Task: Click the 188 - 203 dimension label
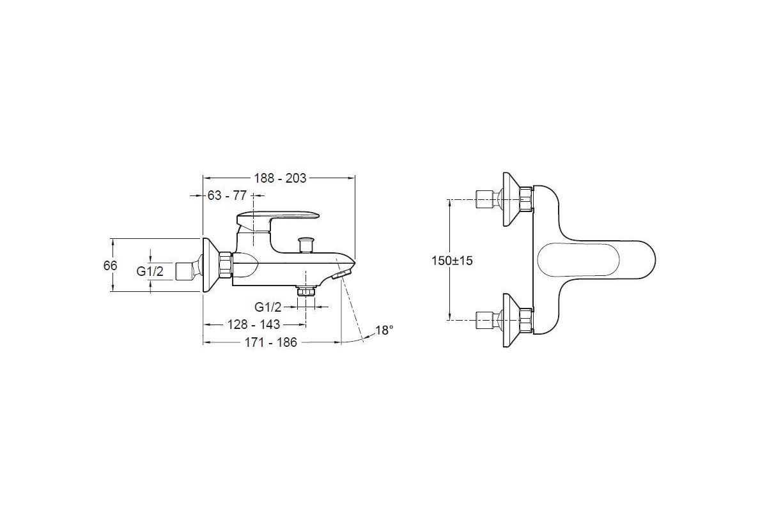pos(280,178)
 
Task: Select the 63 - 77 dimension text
pos(227,195)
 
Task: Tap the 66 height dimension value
pos(110,265)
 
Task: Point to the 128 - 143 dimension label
pos(254,324)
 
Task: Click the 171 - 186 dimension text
pos(270,342)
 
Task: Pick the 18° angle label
pos(384,330)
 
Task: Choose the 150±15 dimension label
pos(452,261)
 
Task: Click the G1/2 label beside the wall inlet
pos(150,271)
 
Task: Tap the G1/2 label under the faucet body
pos(268,307)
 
